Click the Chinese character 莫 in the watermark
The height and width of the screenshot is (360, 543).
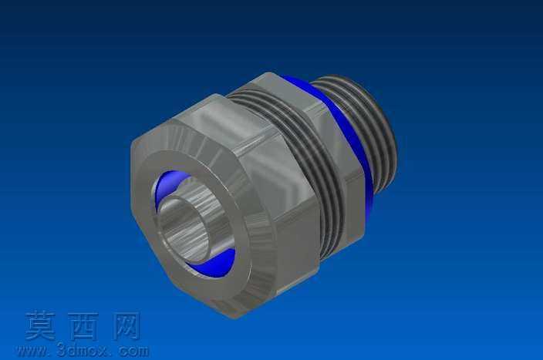point(40,326)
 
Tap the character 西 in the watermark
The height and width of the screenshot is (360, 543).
point(83,326)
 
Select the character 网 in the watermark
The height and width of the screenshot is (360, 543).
point(126,326)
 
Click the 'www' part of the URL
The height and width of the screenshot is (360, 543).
point(32,352)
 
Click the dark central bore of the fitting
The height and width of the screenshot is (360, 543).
point(183,231)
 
